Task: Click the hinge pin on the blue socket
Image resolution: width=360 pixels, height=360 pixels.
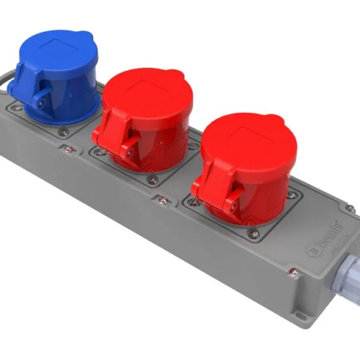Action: tap(40, 103)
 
